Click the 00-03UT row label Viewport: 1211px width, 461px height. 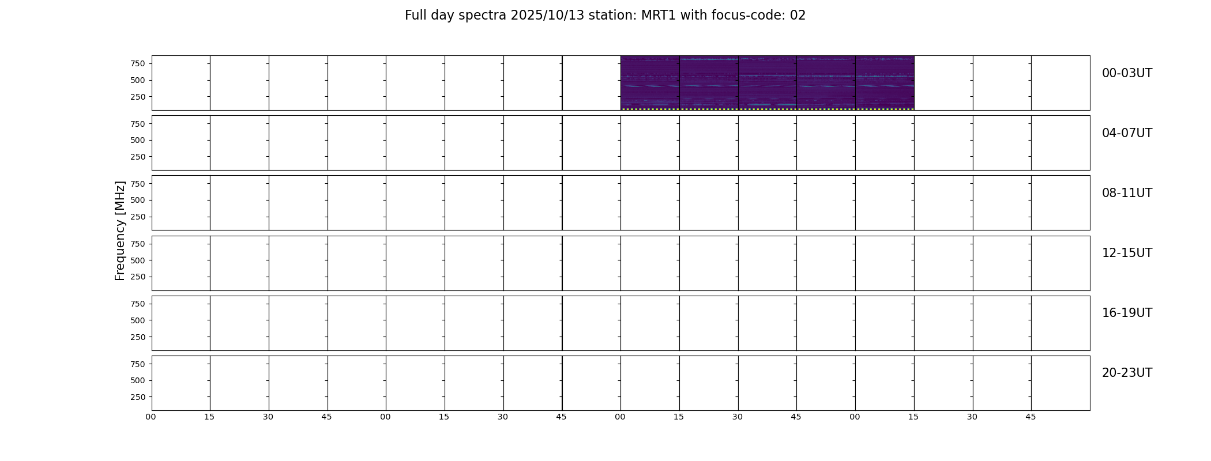1127,73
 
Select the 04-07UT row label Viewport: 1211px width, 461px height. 1127,133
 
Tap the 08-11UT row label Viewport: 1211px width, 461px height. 1127,193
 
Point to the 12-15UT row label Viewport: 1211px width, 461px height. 1127,253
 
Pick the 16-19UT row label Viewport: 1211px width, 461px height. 1127,313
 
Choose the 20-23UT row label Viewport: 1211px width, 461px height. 1127,373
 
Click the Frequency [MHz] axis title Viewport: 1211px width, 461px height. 120,231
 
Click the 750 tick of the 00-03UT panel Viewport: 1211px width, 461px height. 137,63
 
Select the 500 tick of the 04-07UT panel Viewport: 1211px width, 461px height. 137,140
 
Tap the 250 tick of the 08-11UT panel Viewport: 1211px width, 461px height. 137,217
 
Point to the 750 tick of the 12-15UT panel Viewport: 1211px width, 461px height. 137,244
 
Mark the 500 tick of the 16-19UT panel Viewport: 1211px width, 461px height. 137,320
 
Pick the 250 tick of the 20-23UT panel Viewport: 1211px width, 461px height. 137,397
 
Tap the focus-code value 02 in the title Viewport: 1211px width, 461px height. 798,16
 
